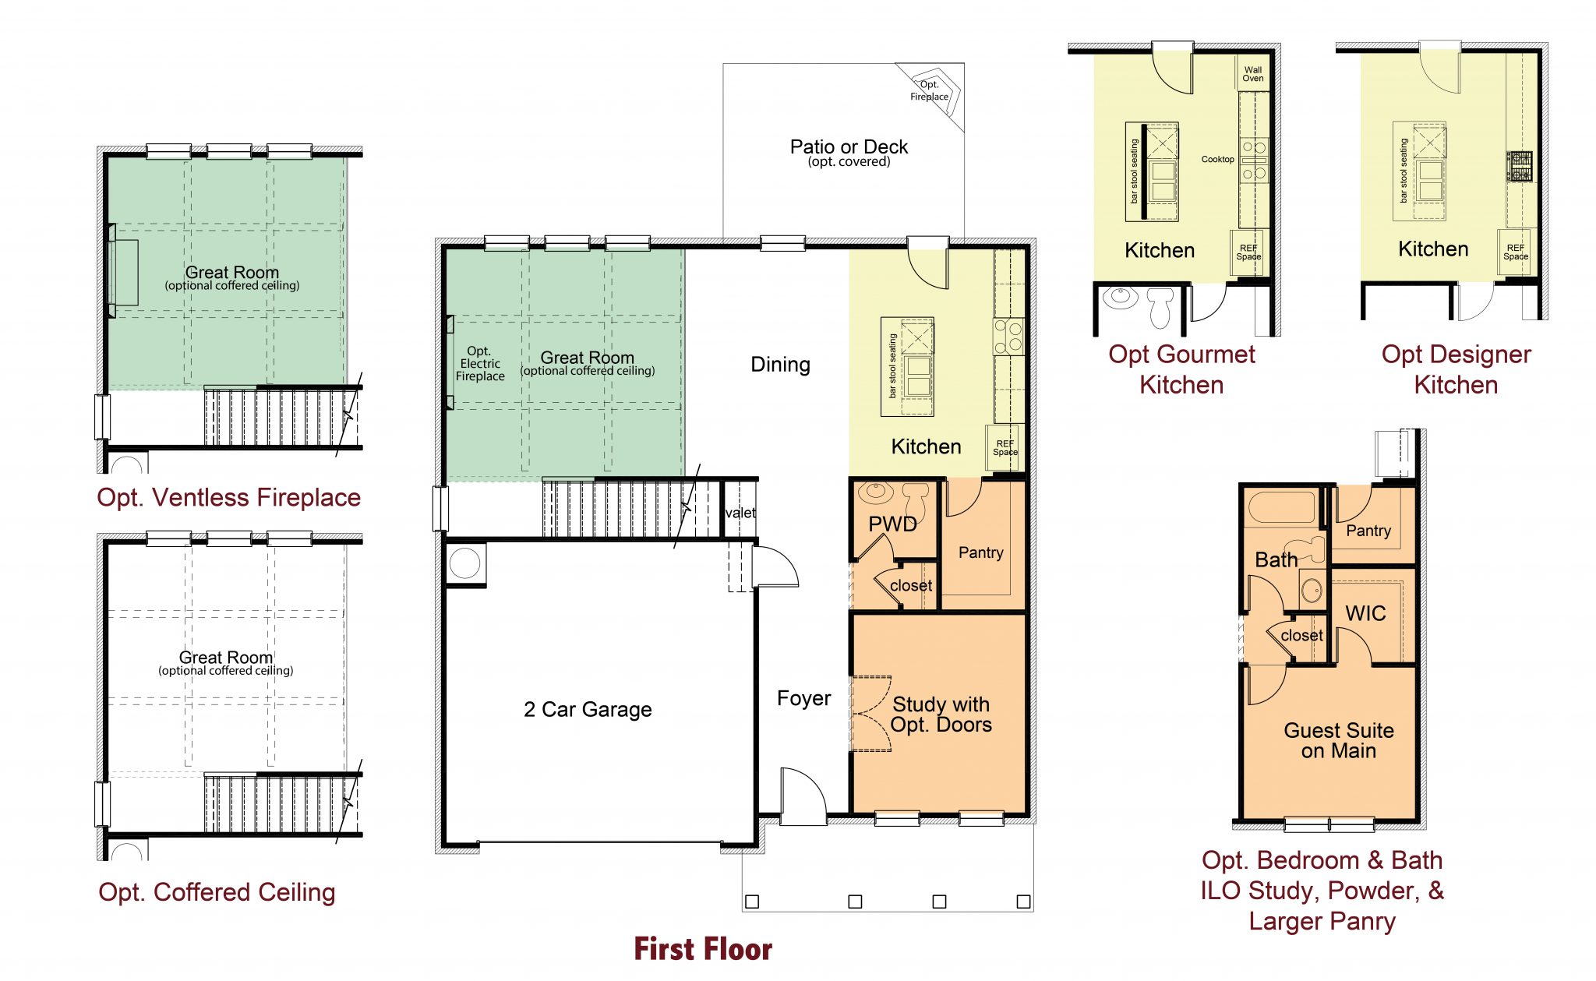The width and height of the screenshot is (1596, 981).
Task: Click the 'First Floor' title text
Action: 702,949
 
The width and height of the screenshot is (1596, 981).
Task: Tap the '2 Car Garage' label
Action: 588,709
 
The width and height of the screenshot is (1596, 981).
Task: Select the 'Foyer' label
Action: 803,698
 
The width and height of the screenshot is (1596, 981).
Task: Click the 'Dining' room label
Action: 780,365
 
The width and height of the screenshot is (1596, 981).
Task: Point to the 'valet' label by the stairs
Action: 740,513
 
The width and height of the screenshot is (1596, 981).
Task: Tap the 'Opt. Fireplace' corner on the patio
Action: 930,91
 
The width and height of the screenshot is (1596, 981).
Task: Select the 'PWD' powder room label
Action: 892,524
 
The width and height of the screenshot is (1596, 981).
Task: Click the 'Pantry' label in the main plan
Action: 980,552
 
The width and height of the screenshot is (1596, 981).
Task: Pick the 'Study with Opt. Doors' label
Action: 941,715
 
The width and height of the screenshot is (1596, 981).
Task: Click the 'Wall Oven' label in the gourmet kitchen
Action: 1252,74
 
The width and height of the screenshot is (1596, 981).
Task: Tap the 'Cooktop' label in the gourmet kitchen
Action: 1217,159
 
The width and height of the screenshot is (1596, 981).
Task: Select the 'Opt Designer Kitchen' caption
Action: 1456,369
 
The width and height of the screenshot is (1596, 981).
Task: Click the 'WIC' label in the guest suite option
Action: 1365,614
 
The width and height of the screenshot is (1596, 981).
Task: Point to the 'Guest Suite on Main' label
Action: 1338,740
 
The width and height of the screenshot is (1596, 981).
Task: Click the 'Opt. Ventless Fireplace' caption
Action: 228,497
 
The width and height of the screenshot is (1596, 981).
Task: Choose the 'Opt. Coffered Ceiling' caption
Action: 217,892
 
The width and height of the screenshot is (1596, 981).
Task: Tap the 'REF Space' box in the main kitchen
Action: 1005,448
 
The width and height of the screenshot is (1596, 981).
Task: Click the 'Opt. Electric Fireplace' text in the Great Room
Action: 480,364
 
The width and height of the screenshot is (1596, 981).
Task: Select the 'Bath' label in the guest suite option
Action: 1276,559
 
